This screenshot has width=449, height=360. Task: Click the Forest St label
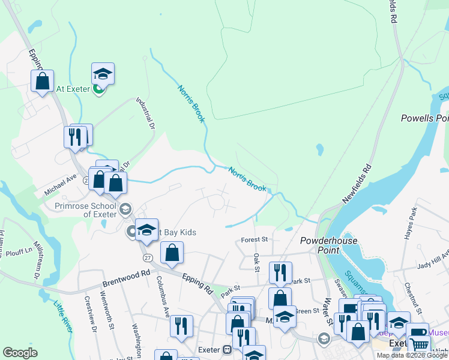pos(254,239)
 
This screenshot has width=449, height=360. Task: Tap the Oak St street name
pos(256,262)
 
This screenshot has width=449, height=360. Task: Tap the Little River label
pos(63,315)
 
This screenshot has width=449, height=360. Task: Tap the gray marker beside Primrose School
pos(125,209)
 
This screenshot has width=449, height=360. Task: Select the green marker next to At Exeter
pos(98,89)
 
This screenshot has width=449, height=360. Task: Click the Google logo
pos(20,352)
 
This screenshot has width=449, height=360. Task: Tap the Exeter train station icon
pos(228,349)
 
